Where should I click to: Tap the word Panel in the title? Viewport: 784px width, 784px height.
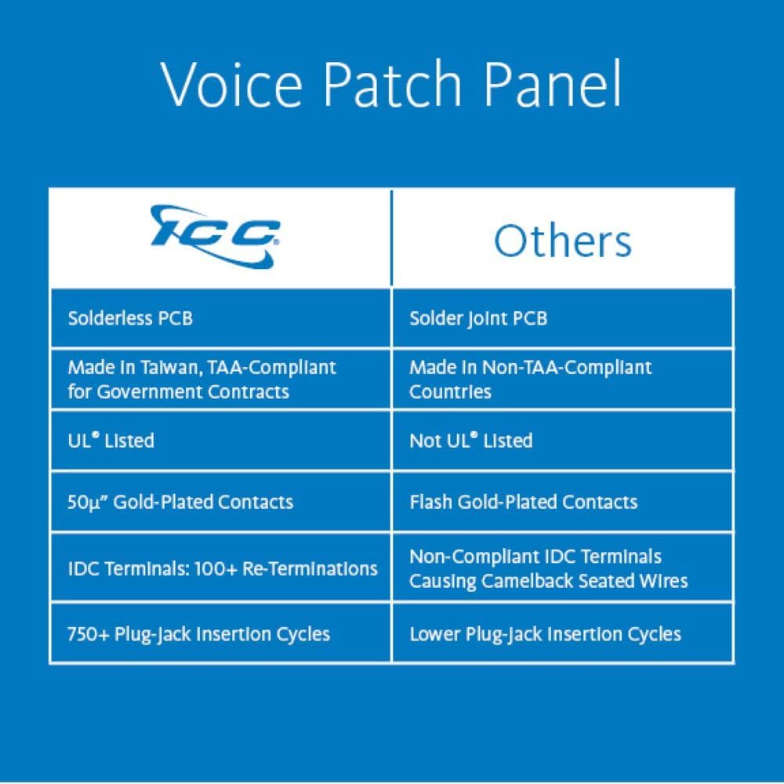click(553, 83)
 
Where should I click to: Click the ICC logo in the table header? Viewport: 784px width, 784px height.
click(215, 237)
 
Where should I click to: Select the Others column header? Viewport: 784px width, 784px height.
click(562, 241)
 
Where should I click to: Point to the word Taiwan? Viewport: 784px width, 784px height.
click(170, 368)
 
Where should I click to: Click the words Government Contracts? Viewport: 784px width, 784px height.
click(193, 391)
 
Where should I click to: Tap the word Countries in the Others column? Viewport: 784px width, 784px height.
click(450, 391)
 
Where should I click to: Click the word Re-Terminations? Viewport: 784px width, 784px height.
click(310, 568)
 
